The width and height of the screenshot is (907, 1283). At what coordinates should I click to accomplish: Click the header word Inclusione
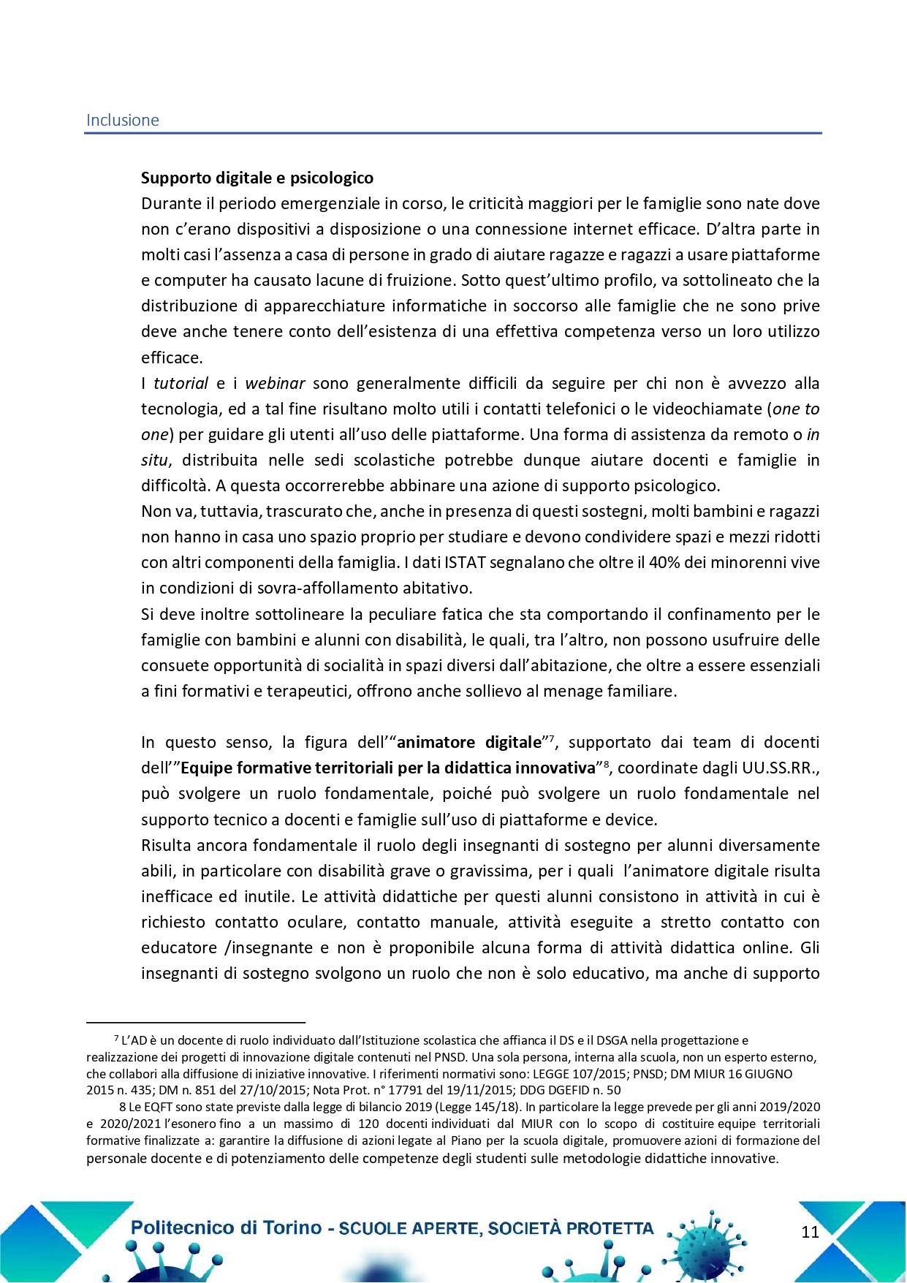tap(122, 121)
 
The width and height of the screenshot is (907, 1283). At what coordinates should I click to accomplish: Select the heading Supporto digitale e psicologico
tap(257, 178)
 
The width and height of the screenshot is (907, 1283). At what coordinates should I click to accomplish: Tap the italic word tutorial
tap(181, 384)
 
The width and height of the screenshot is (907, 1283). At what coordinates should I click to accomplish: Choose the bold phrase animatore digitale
tap(468, 743)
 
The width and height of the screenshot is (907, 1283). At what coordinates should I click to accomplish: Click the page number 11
tap(810, 1233)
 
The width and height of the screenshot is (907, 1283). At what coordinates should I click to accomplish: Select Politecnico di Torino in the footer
tap(226, 1228)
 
